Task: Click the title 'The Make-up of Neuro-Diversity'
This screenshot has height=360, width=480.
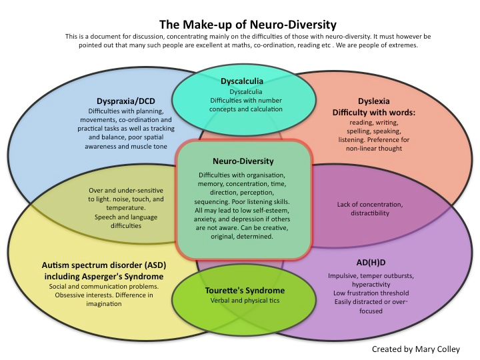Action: (247, 25)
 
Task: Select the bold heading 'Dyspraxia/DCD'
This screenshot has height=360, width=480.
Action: (126, 101)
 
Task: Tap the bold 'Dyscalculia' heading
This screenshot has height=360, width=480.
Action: (242, 81)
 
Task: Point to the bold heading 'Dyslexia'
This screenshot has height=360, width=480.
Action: (374, 101)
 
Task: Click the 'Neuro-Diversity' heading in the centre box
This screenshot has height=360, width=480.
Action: (243, 161)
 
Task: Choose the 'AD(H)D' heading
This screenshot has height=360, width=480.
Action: (371, 263)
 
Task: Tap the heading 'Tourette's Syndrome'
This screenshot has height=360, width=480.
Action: (245, 291)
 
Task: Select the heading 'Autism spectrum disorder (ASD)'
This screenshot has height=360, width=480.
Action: (104, 265)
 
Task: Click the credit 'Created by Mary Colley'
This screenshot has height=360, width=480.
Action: (416, 349)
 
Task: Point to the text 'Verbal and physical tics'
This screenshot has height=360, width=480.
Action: (245, 301)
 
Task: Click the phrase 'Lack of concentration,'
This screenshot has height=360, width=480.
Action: (370, 205)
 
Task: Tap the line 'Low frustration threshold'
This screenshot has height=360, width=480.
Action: (371, 293)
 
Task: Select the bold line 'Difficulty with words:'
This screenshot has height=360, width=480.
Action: (374, 113)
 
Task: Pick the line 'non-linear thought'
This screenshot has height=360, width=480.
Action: (374, 149)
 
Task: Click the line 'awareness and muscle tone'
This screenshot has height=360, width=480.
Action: (126, 147)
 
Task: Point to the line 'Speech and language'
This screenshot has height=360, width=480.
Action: (126, 217)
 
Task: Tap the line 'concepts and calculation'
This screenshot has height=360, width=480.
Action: (246, 109)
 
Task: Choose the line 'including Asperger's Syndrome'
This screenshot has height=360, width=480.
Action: (104, 277)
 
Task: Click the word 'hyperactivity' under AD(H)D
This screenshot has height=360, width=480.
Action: (371, 285)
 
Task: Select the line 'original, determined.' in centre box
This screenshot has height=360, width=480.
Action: (242, 237)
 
